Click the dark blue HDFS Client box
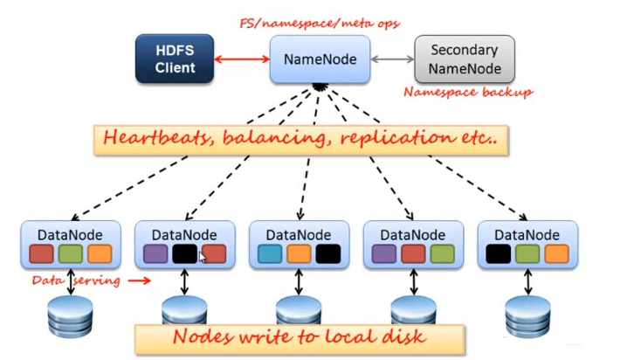click(x=176, y=59)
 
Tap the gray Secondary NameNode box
click(x=464, y=59)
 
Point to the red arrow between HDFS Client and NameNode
click(x=242, y=59)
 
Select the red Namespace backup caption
click(x=467, y=91)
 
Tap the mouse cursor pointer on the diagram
click(x=203, y=257)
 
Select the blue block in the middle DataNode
click(x=271, y=253)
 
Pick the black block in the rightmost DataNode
click(x=498, y=253)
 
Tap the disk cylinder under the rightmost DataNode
click(x=527, y=315)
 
